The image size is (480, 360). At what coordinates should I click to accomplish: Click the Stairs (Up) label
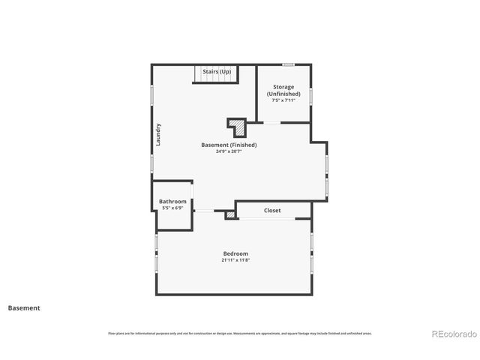[217, 71]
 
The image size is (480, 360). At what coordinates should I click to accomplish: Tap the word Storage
[283, 87]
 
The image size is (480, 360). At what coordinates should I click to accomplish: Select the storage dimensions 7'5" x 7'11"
[283, 100]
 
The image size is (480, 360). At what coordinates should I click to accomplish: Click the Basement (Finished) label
[229, 145]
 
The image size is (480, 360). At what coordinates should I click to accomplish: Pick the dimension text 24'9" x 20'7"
[229, 151]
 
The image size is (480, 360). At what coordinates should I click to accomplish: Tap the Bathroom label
[172, 201]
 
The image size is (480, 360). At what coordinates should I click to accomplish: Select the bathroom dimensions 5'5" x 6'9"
[172, 208]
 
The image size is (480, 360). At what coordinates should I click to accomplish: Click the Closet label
[272, 211]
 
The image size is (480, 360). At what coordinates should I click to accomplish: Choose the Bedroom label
[235, 253]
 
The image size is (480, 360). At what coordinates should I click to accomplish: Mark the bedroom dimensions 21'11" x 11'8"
[235, 260]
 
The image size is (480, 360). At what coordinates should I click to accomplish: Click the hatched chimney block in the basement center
[237, 124]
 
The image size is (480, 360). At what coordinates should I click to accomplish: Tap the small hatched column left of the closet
[231, 215]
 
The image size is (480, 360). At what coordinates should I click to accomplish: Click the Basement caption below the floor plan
[24, 307]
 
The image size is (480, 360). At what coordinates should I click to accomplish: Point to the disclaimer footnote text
[239, 334]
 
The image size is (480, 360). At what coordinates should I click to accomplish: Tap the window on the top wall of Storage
[288, 64]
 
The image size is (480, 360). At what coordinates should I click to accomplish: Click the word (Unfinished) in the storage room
[283, 94]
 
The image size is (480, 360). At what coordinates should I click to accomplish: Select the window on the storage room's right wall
[311, 96]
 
